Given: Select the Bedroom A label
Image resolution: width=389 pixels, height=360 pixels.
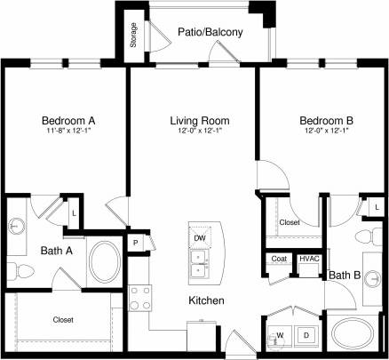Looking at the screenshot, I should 67,120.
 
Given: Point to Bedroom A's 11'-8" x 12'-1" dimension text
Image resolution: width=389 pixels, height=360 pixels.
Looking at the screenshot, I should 67,132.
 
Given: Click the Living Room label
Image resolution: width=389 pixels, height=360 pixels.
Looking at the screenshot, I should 200,120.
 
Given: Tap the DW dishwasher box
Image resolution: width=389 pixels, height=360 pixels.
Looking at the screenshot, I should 200,238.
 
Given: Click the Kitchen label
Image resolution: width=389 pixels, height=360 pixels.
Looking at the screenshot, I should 205,301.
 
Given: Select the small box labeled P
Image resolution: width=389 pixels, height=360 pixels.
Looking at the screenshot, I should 136,243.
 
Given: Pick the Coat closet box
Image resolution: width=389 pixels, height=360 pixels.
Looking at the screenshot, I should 279,259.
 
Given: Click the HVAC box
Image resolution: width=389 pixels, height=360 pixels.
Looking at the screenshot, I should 308,259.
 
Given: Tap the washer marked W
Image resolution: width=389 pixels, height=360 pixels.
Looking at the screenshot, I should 282,335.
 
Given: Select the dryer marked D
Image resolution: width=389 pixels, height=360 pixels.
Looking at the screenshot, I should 306,335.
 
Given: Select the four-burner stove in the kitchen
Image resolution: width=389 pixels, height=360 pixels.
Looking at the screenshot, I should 140,297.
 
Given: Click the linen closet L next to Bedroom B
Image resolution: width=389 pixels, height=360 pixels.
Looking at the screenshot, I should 377,207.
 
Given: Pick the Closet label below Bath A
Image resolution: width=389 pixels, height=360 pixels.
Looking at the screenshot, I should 62,319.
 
